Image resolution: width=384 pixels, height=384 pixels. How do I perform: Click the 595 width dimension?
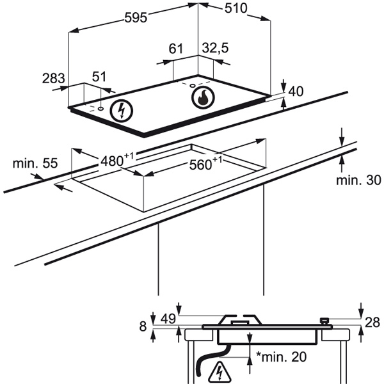[134, 17]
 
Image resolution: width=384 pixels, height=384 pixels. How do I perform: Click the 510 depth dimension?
[236, 8]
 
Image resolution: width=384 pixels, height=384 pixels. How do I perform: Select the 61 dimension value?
[176, 49]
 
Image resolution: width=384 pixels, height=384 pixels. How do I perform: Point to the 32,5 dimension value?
[215, 49]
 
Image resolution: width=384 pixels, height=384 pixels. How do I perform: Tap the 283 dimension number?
[53, 79]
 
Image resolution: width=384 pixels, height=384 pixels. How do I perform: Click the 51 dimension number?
[99, 77]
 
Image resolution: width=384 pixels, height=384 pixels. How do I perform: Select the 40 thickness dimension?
[295, 92]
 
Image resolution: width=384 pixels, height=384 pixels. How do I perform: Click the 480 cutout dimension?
[116, 160]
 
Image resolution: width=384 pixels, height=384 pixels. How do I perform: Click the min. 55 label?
[30, 163]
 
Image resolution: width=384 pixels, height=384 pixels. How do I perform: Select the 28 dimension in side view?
[374, 321]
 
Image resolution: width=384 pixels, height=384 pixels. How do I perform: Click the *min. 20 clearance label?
[282, 356]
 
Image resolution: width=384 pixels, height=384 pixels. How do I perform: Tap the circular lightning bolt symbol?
[120, 111]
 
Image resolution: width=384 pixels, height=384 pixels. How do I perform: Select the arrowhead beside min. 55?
[59, 187]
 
